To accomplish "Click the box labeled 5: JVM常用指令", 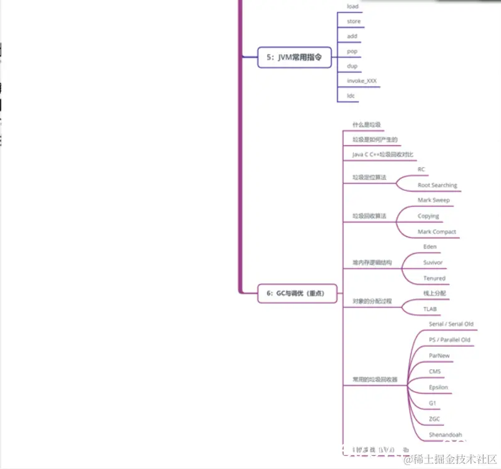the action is click(294, 57).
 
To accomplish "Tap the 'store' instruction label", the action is click(354, 21).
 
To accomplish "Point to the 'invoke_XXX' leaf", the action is click(362, 81).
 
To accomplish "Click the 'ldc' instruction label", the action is click(351, 96).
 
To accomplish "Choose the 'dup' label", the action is click(352, 66).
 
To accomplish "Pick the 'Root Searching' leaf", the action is click(437, 185).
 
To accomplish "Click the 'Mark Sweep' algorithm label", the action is click(434, 200).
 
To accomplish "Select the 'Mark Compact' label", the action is click(437, 232).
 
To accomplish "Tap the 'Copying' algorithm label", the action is click(429, 216).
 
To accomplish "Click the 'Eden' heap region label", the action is click(430, 247).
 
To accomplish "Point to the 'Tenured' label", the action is click(434, 278).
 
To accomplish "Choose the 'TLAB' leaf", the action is click(430, 309).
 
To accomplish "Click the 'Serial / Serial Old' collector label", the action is click(451, 324).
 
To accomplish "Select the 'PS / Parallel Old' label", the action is click(450, 340).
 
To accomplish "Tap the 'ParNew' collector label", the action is click(439, 355).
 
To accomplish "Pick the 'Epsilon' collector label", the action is click(439, 387).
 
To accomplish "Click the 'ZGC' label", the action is click(435, 418).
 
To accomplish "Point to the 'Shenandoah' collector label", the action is click(445, 435).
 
